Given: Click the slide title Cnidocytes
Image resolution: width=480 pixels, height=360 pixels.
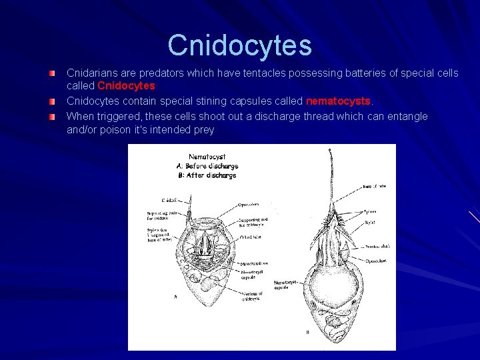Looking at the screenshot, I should coord(240,45).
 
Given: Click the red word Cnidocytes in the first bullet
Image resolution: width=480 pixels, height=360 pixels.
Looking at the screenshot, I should coord(126,86).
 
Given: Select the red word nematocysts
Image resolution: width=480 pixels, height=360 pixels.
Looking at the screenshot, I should coord(337,101).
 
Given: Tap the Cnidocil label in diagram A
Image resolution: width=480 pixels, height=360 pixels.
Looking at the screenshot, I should coord(169,199).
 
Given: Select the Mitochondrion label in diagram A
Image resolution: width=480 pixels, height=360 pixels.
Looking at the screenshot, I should coord(255,264).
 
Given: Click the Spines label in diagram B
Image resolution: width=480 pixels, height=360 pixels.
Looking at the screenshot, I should coord(369,211).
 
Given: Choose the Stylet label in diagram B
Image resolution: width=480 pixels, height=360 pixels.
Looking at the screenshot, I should coord(369,222).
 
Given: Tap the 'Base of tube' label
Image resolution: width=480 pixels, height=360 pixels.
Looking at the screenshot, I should coord(376,187).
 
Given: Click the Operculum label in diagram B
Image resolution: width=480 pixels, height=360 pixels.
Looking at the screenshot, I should coord(377,261).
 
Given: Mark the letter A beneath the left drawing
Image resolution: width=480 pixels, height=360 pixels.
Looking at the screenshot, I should coord(175,297).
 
